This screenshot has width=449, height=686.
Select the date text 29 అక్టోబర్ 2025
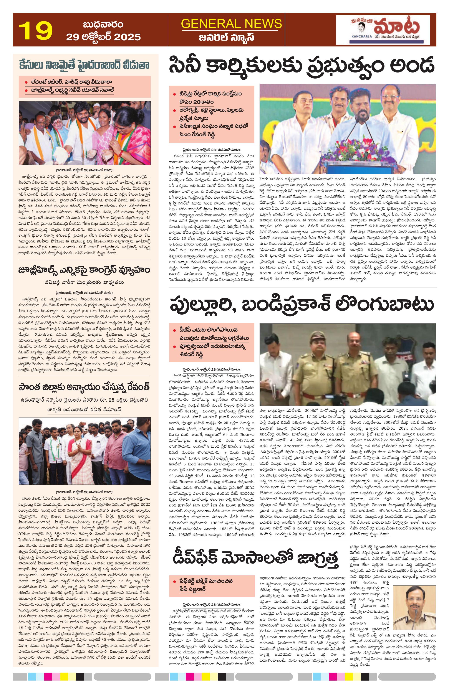(x=103, y=37)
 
